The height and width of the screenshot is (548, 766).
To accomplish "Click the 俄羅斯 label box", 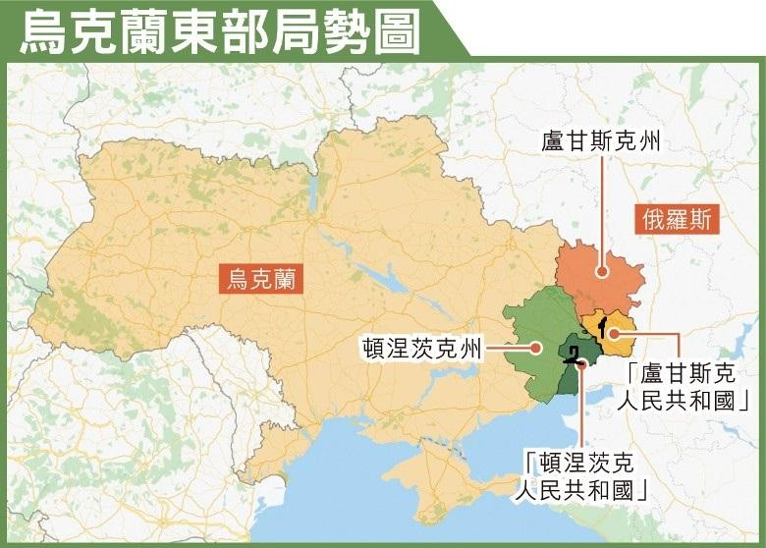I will click(677, 218).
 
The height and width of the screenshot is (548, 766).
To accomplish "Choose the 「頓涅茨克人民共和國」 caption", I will click(584, 474).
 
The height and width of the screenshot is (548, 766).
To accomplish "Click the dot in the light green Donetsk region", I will click(536, 348).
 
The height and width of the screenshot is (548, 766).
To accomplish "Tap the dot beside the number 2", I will click(582, 362).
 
